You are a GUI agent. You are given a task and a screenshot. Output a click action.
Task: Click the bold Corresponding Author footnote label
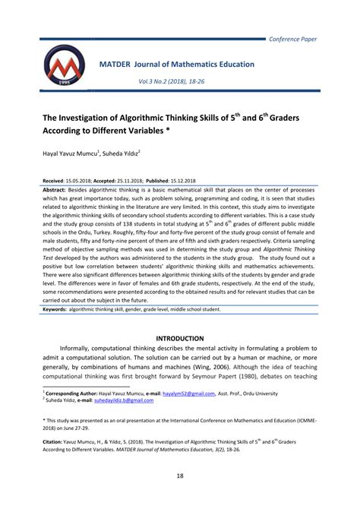[x=74, y=394]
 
